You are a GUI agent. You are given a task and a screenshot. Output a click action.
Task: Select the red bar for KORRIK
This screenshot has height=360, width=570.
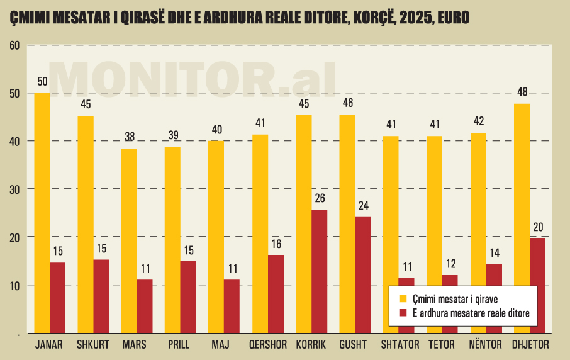(320, 271)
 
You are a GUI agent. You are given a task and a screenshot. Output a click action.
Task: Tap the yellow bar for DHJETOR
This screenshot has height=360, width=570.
(522, 218)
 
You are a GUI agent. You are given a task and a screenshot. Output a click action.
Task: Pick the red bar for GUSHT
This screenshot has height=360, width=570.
(363, 274)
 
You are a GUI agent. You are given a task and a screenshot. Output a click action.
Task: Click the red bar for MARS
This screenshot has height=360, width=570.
(145, 306)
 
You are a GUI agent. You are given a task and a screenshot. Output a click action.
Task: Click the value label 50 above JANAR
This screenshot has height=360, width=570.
(43, 82)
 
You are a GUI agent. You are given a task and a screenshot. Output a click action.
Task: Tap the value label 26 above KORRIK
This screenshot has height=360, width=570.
(320, 199)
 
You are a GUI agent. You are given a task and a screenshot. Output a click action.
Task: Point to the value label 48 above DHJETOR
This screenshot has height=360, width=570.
(522, 93)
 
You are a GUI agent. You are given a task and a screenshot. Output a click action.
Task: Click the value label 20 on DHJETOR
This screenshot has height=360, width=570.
(538, 227)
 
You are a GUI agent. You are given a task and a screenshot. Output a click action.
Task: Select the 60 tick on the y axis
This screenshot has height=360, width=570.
(15, 45)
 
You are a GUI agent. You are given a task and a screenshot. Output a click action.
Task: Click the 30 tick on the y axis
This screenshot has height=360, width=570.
(15, 189)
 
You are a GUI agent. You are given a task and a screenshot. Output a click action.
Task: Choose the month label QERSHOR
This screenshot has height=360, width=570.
(267, 345)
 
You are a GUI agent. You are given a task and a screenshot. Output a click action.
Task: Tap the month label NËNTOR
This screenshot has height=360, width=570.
(485, 345)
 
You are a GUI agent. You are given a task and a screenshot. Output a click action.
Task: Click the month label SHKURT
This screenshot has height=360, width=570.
(93, 345)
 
